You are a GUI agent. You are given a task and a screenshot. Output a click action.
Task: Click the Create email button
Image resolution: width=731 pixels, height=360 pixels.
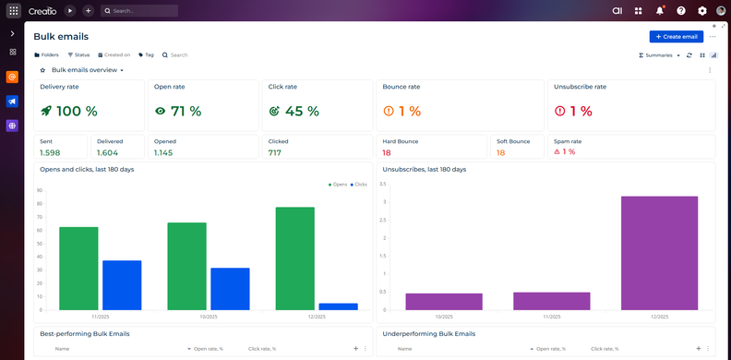[x=676, y=36]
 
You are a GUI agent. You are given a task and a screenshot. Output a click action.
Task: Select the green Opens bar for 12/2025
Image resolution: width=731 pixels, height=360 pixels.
[x=294, y=258]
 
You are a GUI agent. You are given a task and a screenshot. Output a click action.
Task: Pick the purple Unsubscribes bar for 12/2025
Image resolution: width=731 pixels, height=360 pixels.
[x=659, y=253]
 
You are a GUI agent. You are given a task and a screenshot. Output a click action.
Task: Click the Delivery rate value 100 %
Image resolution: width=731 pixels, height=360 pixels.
[x=69, y=112]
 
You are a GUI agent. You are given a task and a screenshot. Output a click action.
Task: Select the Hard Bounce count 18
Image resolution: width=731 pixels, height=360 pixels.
[x=387, y=152]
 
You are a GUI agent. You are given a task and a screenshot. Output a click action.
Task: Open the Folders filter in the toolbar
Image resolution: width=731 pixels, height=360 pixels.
[x=46, y=55]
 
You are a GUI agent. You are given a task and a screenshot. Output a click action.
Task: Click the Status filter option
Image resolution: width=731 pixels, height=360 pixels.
[x=78, y=55]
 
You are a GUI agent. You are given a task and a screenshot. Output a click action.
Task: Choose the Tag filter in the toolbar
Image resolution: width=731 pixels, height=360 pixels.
[x=146, y=55]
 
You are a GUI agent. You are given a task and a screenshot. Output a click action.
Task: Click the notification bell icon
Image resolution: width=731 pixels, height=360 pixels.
[x=660, y=11]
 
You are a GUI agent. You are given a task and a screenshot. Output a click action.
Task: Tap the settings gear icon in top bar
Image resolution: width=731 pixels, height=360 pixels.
[x=702, y=11]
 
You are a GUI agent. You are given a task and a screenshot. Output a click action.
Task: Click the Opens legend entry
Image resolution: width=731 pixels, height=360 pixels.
[x=337, y=185]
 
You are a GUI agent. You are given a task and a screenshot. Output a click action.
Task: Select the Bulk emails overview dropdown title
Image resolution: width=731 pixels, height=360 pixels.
[x=87, y=70]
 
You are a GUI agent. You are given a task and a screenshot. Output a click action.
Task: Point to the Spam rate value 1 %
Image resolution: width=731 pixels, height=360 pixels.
[x=564, y=152]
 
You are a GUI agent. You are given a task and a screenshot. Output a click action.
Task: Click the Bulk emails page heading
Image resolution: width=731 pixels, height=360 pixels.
[x=61, y=37]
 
